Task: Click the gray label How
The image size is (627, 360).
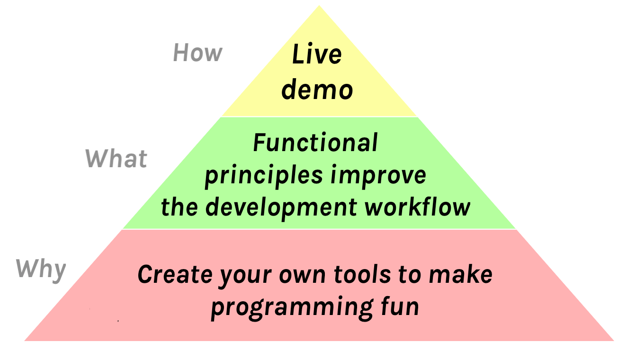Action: pyautogui.click(x=197, y=53)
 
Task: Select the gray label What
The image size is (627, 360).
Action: pyautogui.click(x=116, y=158)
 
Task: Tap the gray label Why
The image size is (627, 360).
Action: pyautogui.click(x=41, y=270)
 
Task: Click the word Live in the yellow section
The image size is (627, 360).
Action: pyautogui.click(x=316, y=54)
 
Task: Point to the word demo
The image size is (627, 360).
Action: pyautogui.click(x=317, y=90)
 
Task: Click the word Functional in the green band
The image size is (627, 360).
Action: pyautogui.click(x=315, y=143)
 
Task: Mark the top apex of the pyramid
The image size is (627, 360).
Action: pyautogui.click(x=319, y=6)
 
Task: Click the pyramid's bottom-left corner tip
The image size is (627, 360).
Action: pyautogui.click(x=25, y=340)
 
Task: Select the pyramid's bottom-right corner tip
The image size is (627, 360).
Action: pyautogui.click(x=613, y=340)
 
